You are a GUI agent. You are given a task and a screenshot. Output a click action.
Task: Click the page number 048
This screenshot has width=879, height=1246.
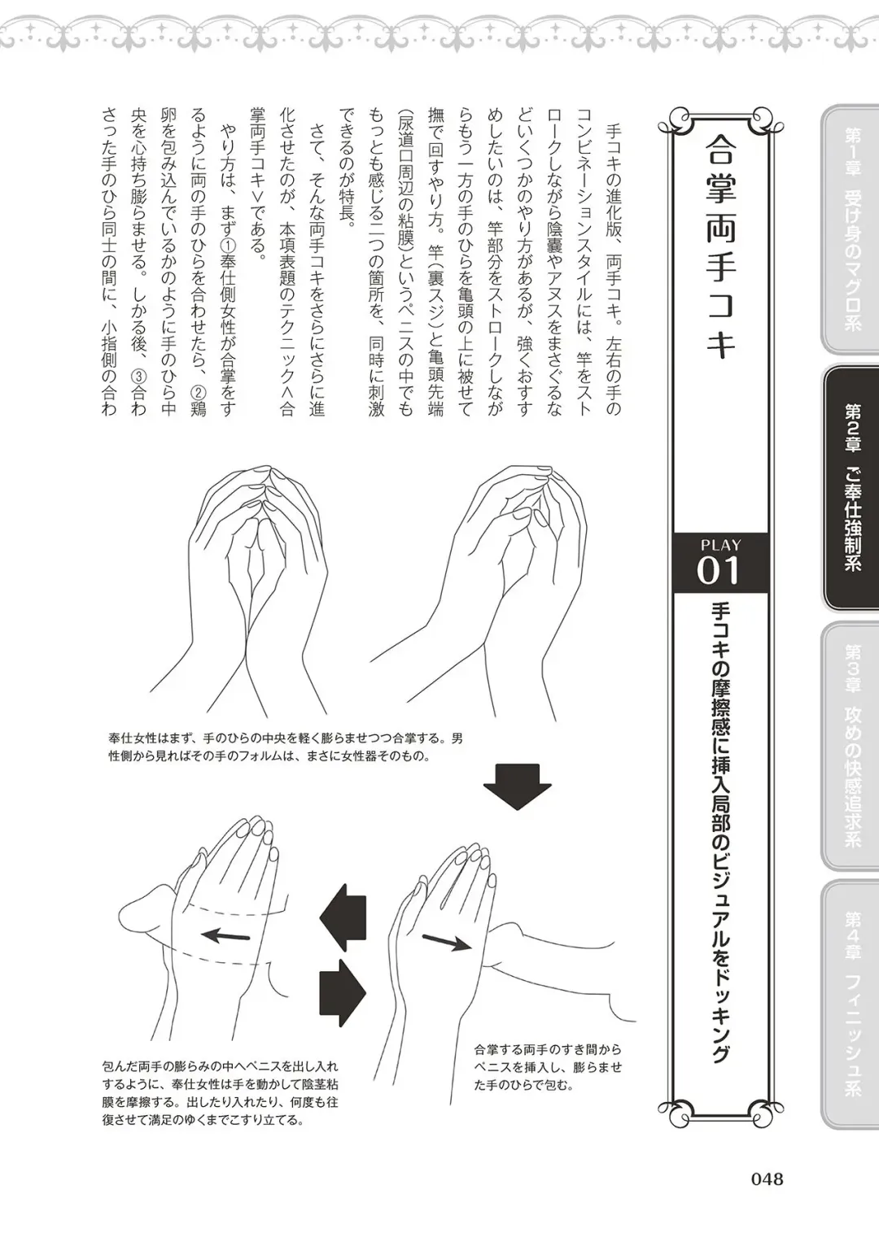pos(766,1178)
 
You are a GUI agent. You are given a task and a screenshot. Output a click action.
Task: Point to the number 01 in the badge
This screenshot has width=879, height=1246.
pos(719,571)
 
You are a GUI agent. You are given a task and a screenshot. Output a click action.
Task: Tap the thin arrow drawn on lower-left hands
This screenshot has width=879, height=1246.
pos(225,935)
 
